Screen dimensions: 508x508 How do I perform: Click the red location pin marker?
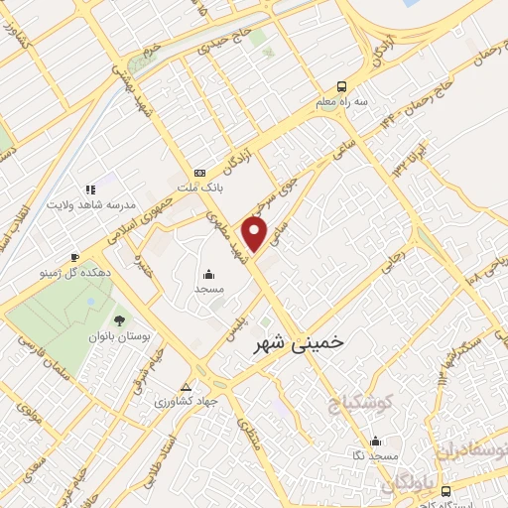tap(256, 234)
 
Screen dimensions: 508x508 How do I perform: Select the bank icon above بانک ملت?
tap(199, 170)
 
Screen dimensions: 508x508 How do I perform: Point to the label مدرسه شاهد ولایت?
tap(88, 203)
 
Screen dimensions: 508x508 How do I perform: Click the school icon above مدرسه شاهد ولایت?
tap(89, 188)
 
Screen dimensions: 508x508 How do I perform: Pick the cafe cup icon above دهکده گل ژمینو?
tap(74, 255)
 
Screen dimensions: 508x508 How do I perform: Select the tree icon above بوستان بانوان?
tap(120, 320)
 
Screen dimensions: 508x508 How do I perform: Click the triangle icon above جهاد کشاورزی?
tap(187, 386)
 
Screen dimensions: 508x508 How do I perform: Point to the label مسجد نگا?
tap(374, 454)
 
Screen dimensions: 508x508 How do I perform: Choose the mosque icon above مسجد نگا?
tap(375, 441)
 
